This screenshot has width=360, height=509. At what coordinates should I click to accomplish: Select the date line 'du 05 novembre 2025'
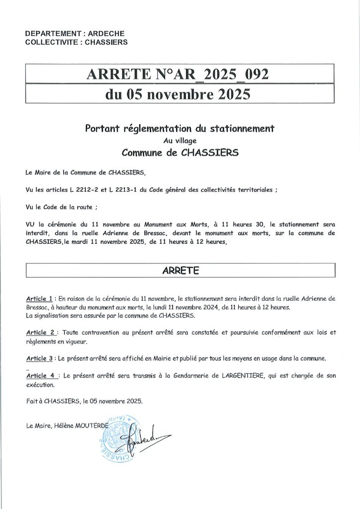click(178, 94)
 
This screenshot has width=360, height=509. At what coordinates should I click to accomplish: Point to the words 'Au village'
click(180, 141)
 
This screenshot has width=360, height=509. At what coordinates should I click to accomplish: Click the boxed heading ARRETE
click(180, 270)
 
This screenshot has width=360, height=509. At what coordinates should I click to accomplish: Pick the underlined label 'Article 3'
click(39, 358)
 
